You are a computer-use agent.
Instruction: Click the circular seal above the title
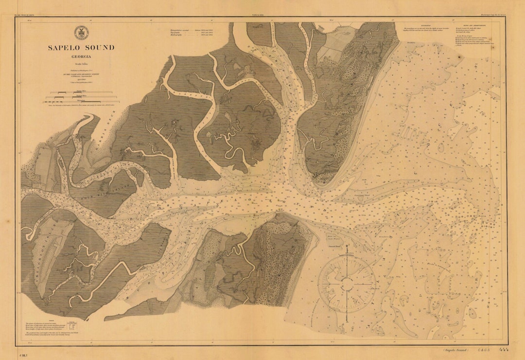pyautogui.click(x=81, y=33)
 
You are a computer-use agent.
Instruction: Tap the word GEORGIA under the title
pyautogui.click(x=81, y=56)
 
